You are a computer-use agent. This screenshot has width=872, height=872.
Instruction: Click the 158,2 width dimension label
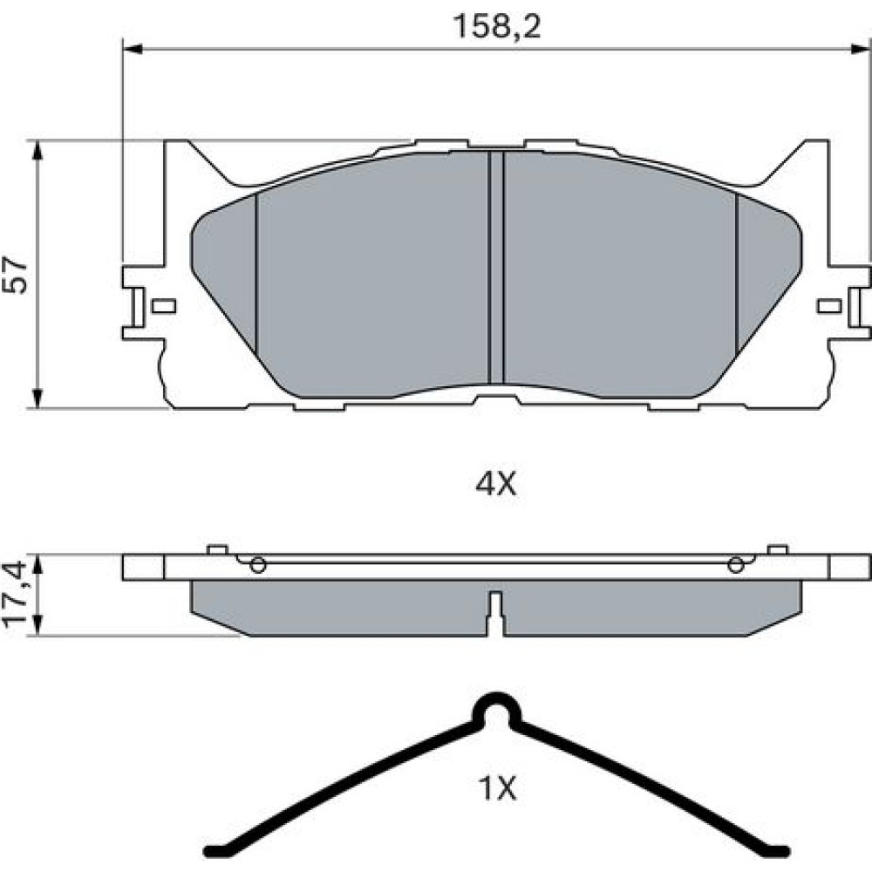click(x=497, y=26)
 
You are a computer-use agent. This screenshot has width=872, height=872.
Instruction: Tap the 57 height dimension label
click(x=15, y=275)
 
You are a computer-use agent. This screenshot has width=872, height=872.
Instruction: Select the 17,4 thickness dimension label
click(x=15, y=595)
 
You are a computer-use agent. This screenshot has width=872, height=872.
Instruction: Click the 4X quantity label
click(x=495, y=484)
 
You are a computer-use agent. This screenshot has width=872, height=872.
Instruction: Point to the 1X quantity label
click(x=497, y=787)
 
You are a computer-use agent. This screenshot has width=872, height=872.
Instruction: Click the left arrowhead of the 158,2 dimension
click(x=133, y=49)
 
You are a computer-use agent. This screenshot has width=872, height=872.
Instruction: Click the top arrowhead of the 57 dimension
click(x=37, y=151)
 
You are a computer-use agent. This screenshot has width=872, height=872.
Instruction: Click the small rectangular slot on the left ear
click(x=164, y=306)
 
